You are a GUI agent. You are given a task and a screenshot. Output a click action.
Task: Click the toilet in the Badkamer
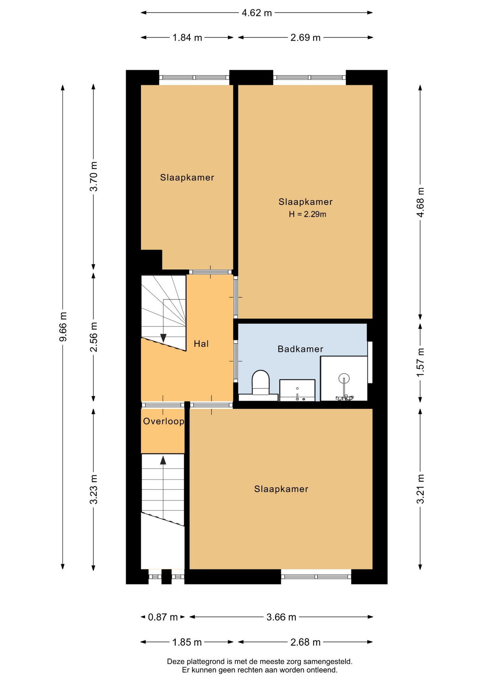[260, 383]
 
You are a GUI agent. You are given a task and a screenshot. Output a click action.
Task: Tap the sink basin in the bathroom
[297, 390]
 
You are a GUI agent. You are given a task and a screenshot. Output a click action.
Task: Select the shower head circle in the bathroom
[344, 378]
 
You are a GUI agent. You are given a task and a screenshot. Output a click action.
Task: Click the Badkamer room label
[300, 349]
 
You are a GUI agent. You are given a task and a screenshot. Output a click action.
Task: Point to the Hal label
[201, 344]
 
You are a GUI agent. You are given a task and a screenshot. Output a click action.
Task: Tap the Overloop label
[164, 422]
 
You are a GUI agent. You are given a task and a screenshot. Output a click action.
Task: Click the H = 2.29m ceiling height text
[307, 214]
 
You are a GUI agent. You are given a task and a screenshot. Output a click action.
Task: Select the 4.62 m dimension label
[257, 13]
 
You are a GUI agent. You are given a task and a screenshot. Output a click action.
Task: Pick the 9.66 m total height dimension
[63, 327]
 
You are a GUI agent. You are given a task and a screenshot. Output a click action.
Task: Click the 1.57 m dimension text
[420, 362]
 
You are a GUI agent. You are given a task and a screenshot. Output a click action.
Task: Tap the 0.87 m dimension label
[163, 617]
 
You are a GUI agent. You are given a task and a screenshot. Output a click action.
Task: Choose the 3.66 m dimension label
[281, 617]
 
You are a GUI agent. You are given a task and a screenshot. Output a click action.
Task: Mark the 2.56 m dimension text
[94, 337]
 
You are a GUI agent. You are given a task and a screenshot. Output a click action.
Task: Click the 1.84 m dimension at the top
[187, 38]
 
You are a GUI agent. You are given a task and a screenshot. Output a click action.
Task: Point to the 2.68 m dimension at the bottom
[306, 642]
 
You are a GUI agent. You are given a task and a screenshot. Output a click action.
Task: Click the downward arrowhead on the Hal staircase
[163, 338]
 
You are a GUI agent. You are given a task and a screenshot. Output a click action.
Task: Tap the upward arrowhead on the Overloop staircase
[163, 460]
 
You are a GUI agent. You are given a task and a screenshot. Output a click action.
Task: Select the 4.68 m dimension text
[420, 202]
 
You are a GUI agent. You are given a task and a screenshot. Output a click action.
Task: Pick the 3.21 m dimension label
[420, 489]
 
